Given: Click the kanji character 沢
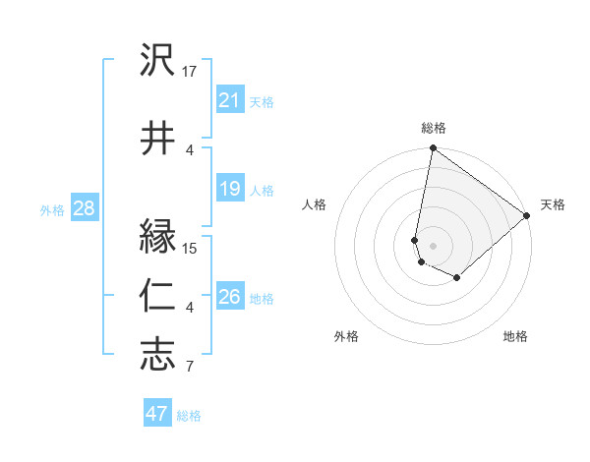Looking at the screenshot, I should [157, 61].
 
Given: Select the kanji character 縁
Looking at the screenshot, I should [157, 237].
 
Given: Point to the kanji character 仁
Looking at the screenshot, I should [157, 295].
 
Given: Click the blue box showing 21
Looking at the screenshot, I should [229, 100].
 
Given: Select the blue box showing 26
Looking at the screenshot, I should [229, 298].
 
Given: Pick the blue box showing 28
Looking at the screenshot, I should [84, 208].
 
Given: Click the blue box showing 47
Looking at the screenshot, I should [157, 414].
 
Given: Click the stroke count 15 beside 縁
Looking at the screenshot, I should [190, 248].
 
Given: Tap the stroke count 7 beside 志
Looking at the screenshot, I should [190, 368].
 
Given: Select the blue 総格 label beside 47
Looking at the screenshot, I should [189, 416].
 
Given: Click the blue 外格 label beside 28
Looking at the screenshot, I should [52, 209].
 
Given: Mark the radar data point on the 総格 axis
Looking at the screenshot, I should [433, 148].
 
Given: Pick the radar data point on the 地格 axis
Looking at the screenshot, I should [457, 278].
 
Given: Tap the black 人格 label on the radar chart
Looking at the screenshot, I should [315, 204].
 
